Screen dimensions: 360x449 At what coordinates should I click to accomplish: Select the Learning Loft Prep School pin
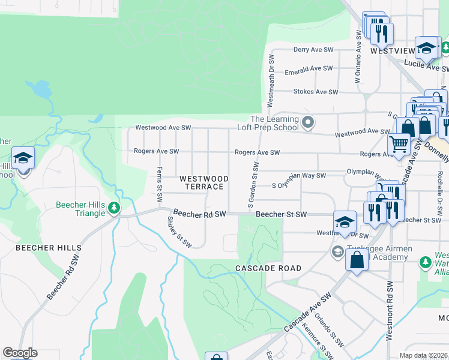coord(308,123)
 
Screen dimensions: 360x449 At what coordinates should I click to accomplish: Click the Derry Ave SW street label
coord(313,50)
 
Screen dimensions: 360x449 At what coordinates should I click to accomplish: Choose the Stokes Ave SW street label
coord(315,92)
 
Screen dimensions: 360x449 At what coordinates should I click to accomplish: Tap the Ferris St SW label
coord(160,184)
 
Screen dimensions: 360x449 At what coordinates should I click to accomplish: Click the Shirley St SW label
coord(179,232)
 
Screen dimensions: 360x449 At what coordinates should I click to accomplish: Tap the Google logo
coord(20,353)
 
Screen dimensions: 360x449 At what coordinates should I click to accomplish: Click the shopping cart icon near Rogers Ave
coord(399,145)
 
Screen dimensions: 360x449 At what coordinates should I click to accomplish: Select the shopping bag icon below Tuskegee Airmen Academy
coord(357,260)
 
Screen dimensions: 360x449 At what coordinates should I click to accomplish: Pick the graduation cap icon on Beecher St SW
coord(345,221)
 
